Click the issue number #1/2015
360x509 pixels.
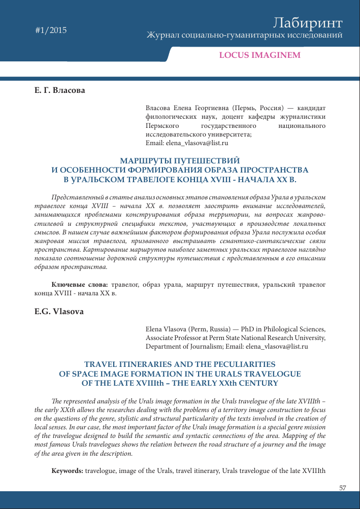(x=51, y=30)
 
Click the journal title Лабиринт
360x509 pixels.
(x=308, y=23)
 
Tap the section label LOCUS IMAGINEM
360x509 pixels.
(x=259, y=55)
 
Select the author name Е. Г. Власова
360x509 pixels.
(x=60, y=90)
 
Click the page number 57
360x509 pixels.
(x=342, y=488)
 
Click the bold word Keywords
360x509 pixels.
(x=68, y=470)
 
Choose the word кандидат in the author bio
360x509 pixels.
(x=311, y=109)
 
